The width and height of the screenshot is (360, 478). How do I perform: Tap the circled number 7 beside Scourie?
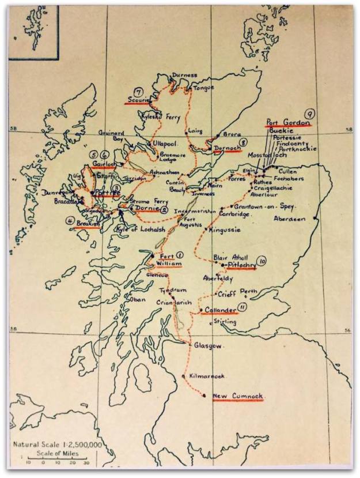click(x=138, y=91)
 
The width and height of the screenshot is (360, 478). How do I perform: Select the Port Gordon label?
click(x=287, y=123)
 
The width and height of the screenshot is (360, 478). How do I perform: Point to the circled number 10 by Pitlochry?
click(x=263, y=261)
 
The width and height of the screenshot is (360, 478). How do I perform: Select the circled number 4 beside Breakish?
click(x=70, y=220)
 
